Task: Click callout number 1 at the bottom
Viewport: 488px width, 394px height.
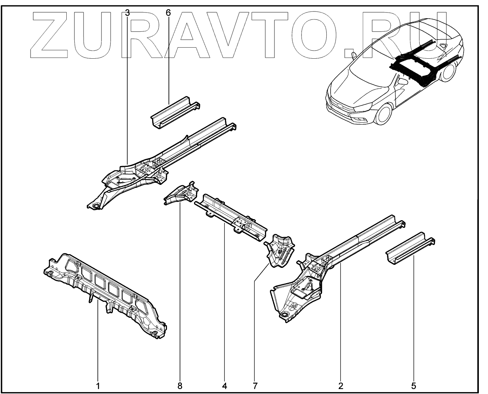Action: point(98,386)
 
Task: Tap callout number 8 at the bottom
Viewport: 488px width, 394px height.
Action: point(180,386)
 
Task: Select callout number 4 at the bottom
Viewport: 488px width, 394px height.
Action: point(225,386)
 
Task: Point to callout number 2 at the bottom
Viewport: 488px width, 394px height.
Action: point(340,386)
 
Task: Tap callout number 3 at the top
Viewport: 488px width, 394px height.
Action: point(127,13)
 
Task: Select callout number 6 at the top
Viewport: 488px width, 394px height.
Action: point(168,13)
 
